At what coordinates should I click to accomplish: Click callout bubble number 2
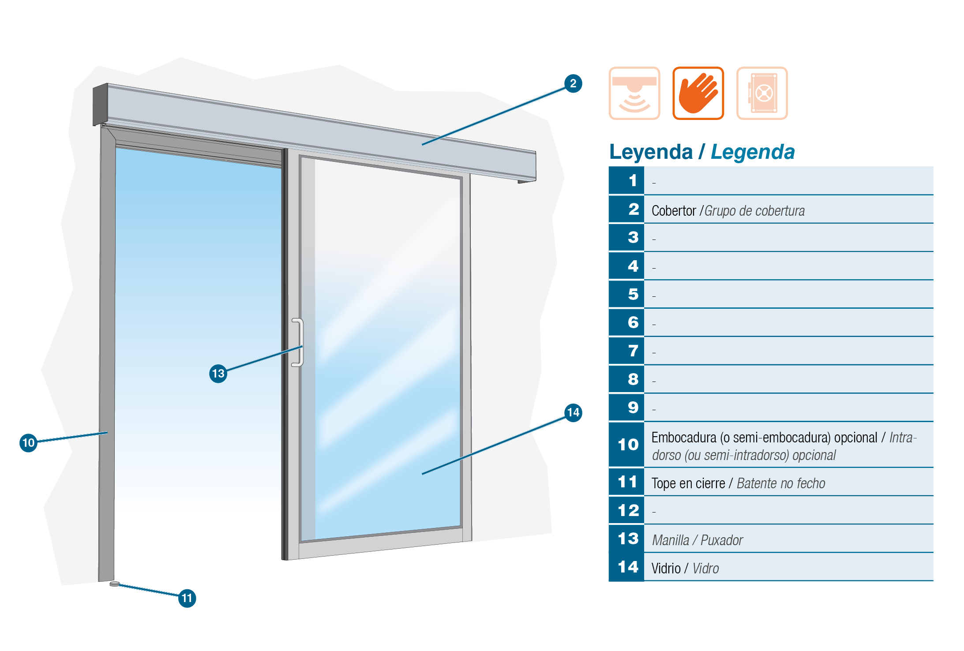point(573,83)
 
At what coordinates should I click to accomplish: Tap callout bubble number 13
point(218,374)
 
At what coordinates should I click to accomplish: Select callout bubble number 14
point(573,413)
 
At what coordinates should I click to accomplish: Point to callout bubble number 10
point(28,442)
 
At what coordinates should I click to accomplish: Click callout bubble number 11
point(187,599)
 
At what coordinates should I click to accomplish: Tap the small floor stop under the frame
point(114,584)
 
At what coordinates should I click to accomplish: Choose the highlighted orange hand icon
point(698,93)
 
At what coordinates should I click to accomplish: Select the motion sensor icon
point(634,93)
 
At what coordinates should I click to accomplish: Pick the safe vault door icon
point(762,93)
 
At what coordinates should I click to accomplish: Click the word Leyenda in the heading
point(651,152)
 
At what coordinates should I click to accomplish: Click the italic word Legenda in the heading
point(753,152)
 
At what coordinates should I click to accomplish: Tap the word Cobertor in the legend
point(674,211)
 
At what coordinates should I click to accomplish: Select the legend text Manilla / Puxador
point(698,540)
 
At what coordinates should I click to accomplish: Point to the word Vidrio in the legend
point(666,568)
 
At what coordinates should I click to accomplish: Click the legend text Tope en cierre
point(688,483)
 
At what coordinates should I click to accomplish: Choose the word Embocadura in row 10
point(684,438)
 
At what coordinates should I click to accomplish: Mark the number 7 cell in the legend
point(626,351)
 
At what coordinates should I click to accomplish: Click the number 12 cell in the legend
point(626,510)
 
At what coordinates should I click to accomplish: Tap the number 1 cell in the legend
point(626,180)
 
